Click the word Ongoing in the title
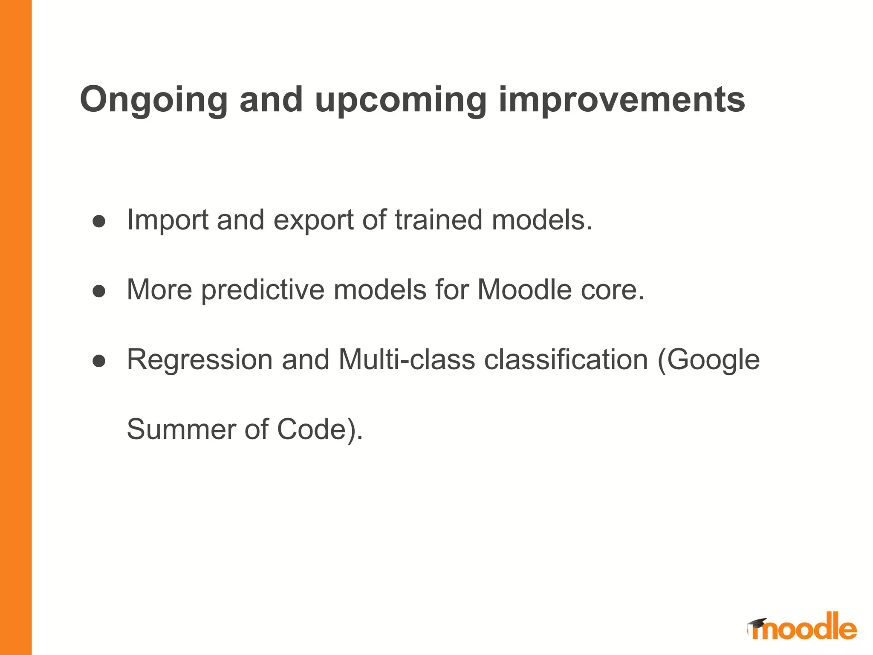(x=153, y=100)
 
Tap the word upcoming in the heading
(x=401, y=100)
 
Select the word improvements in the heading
(x=622, y=100)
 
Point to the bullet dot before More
(x=99, y=291)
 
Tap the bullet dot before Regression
(x=99, y=361)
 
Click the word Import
(x=168, y=220)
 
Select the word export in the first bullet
(x=313, y=220)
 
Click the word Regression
(x=199, y=360)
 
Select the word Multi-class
(x=406, y=360)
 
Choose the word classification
(x=566, y=360)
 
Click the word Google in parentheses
(x=713, y=360)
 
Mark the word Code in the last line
(x=311, y=429)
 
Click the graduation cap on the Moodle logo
(x=757, y=623)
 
